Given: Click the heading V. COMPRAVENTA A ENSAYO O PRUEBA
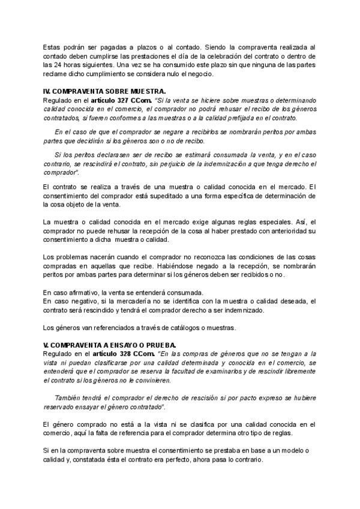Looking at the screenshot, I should [100, 345].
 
